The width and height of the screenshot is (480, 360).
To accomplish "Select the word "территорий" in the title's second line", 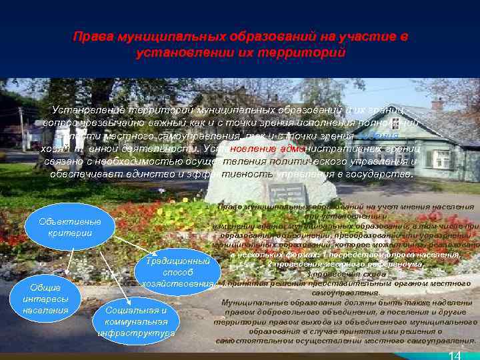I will coord(311,51).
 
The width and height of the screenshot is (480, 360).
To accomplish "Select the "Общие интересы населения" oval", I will coord(45,299).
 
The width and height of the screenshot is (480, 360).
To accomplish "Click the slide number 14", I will coord(455,355).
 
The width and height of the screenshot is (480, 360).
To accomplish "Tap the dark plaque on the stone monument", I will coord(287,193).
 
